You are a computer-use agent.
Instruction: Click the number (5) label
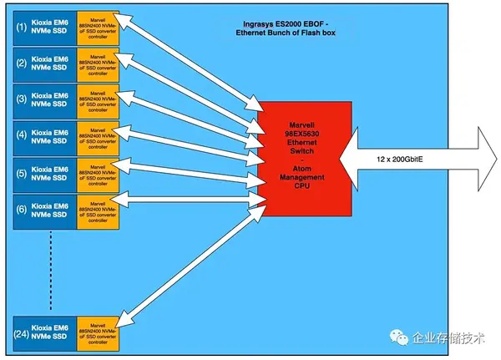[21, 173]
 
